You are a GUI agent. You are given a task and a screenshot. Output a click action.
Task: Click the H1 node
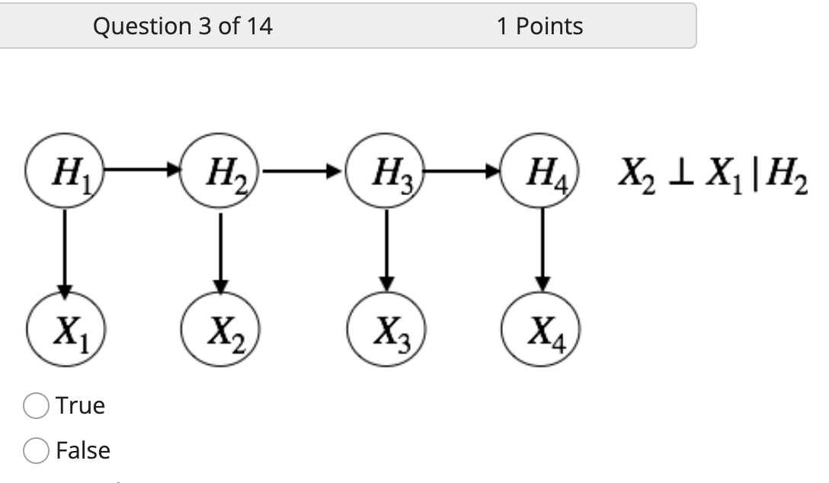65,177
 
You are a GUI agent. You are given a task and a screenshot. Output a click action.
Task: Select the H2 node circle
221,178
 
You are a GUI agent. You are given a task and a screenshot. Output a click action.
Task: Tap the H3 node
386,178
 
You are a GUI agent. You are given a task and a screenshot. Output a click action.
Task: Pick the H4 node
542,177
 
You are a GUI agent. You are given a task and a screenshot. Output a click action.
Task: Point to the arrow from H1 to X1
65,254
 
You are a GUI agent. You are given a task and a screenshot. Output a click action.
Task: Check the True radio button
35,405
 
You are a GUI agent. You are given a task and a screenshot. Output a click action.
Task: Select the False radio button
35,451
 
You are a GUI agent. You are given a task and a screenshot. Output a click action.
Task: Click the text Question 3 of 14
182,27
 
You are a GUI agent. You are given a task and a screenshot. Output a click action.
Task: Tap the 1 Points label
539,27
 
